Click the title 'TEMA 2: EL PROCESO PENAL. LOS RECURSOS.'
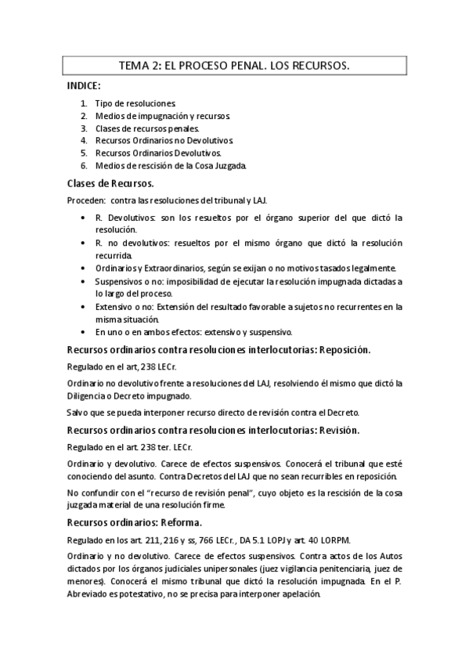pyautogui.click(x=233, y=67)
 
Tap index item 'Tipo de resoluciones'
pyautogui.click(x=129, y=103)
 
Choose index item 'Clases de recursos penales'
pyautogui.click(x=147, y=128)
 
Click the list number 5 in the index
pyautogui.click(x=83, y=153)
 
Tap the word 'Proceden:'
pyautogui.click(x=87, y=200)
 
